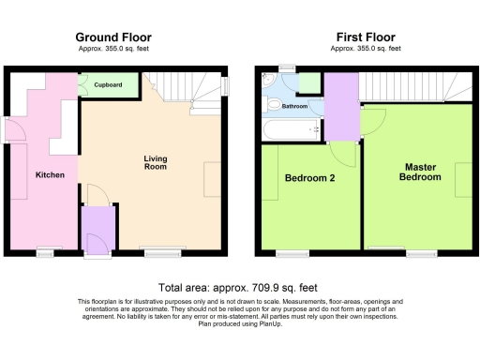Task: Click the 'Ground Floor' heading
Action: click(113, 37)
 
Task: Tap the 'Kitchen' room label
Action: click(50, 175)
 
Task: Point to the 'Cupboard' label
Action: click(109, 85)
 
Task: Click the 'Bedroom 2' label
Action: click(307, 177)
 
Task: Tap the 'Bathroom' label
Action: click(295, 107)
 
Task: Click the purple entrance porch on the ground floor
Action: click(97, 229)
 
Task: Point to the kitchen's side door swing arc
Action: click(15, 130)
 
